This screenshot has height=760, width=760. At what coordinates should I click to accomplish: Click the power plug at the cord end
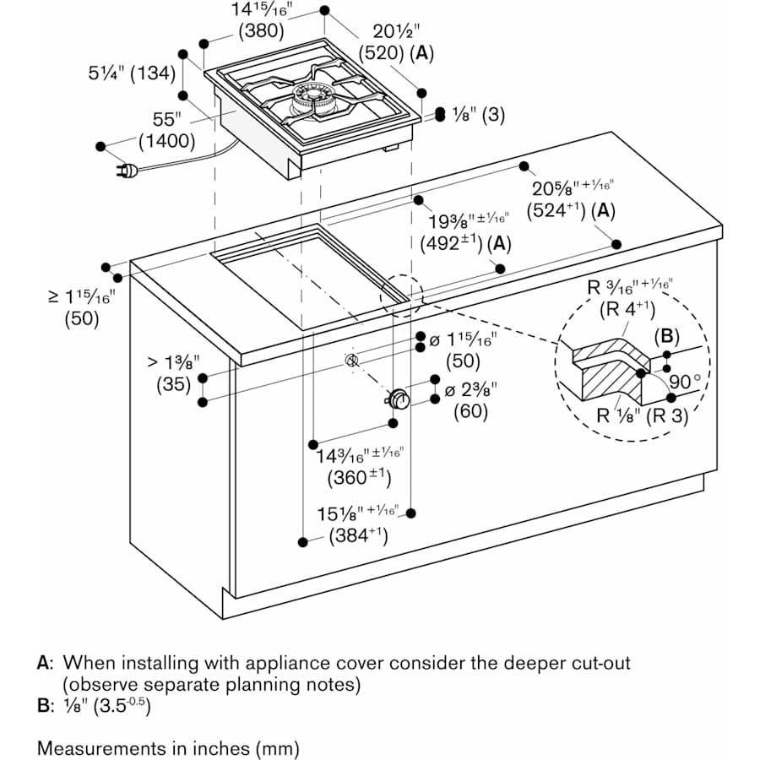[x=127, y=171]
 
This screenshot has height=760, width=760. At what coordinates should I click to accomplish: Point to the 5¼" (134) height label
[x=131, y=73]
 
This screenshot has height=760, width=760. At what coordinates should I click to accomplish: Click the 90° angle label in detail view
[x=685, y=381]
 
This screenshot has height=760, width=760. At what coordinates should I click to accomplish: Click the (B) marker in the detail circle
[x=666, y=336]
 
